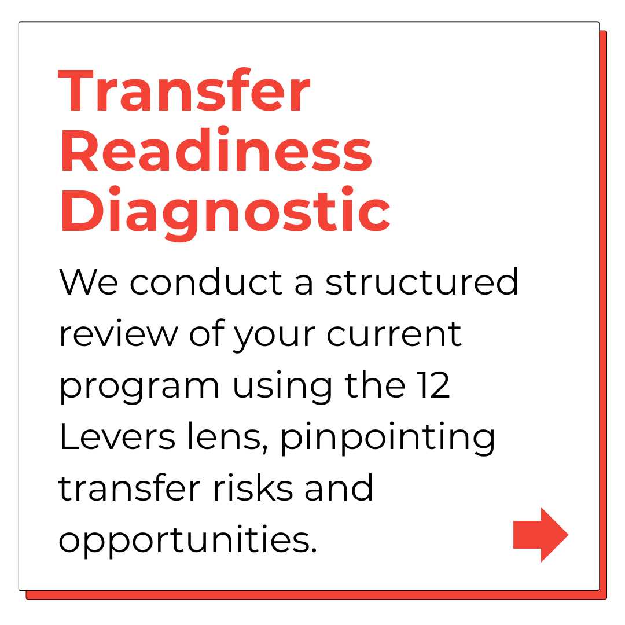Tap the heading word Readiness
pyautogui.click(x=216, y=150)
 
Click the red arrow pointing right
pyautogui.click(x=541, y=535)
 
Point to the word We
pyautogui.click(x=89, y=282)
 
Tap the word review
pyautogui.click(x=119, y=334)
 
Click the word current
pyautogui.click(x=394, y=334)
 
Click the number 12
pyautogui.click(x=433, y=385)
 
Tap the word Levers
pyautogui.click(x=117, y=436)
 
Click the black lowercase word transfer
pyautogui.click(x=130, y=487)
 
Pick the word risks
pyautogui.click(x=253, y=487)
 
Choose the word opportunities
pyautogui.click(x=187, y=541)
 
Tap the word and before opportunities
pyautogui.click(x=339, y=487)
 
